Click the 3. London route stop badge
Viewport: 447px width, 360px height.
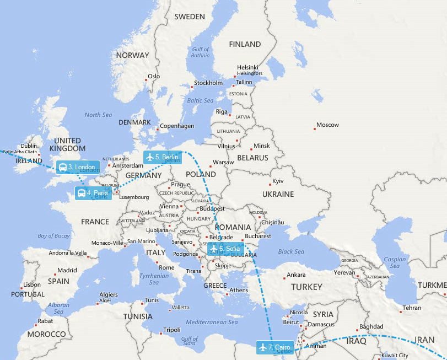pyautogui.click(x=78, y=167)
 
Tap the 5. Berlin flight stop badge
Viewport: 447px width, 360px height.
pyautogui.click(x=162, y=157)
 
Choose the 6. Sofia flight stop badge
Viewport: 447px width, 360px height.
pyautogui.click(x=225, y=249)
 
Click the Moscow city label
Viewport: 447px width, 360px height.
pyautogui.click(x=327, y=125)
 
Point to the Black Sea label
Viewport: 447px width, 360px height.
pyautogui.click(x=291, y=252)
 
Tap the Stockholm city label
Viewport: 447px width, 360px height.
pyautogui.click(x=208, y=83)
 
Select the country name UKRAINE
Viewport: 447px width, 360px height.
pyautogui.click(x=278, y=195)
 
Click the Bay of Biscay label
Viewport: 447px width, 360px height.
pyautogui.click(x=54, y=236)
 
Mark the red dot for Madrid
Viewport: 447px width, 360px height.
pyautogui.click(x=56, y=274)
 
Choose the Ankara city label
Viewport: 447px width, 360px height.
pyautogui.click(x=296, y=275)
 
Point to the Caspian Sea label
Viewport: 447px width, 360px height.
pyautogui.click(x=395, y=262)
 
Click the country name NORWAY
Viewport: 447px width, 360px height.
pyautogui.click(x=132, y=55)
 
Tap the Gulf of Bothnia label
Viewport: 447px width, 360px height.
pyautogui.click(x=200, y=52)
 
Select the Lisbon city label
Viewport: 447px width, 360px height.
pyautogui.click(x=32, y=284)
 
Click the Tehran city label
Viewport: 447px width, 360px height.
pyautogui.click(x=412, y=308)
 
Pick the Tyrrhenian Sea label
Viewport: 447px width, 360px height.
pyautogui.click(x=154, y=279)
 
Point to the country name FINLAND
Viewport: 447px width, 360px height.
pyautogui.click(x=245, y=44)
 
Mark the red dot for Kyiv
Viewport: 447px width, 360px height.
pyautogui.click(x=270, y=184)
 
